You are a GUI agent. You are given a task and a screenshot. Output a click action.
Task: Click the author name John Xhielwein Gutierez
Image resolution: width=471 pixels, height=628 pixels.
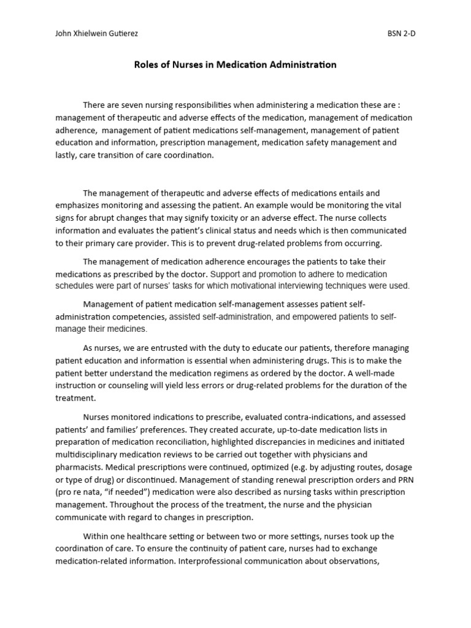coord(96,34)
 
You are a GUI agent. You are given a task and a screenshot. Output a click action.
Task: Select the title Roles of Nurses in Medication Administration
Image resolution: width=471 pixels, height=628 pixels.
coord(235,64)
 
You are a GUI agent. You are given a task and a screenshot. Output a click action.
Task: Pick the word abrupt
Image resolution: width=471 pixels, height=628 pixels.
coord(123,218)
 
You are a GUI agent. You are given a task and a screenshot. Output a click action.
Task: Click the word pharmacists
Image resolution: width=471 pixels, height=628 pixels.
coord(78,467)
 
